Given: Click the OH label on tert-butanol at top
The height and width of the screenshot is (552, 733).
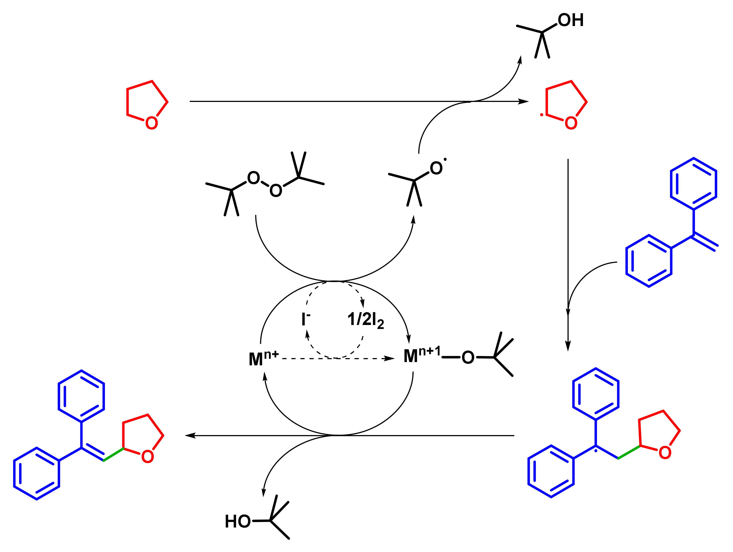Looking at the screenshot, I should (570, 20).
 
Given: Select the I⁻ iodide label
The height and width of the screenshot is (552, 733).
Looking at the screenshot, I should (305, 319).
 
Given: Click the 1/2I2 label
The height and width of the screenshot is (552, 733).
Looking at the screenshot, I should (365, 320).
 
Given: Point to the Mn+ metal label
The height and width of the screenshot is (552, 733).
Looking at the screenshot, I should (263, 358).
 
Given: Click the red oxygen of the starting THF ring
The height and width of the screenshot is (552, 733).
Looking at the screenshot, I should (151, 123).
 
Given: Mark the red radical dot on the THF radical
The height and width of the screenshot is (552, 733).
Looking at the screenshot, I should (541, 115).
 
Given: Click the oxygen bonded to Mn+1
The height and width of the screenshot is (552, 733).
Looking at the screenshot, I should (468, 357).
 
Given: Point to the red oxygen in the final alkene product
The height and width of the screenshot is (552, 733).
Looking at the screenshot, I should (147, 456).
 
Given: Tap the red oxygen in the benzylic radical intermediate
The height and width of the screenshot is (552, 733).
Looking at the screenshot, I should (665, 452).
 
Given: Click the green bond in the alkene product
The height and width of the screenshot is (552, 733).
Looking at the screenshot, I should (113, 454).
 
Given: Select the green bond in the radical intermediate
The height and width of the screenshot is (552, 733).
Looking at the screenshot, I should (629, 452).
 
